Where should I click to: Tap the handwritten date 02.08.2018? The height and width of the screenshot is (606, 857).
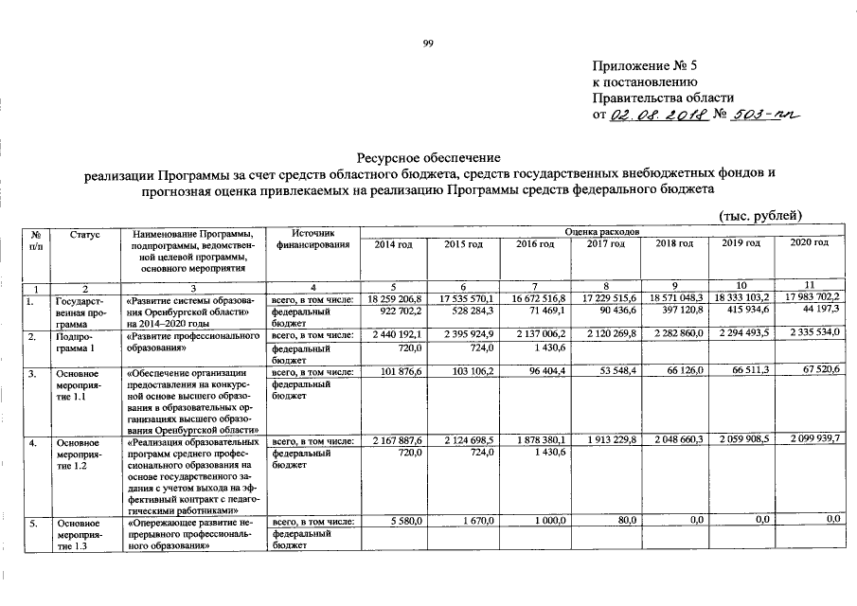654,116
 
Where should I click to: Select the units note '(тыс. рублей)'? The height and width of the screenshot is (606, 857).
760,215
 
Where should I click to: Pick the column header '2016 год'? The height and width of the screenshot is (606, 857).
534,244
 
